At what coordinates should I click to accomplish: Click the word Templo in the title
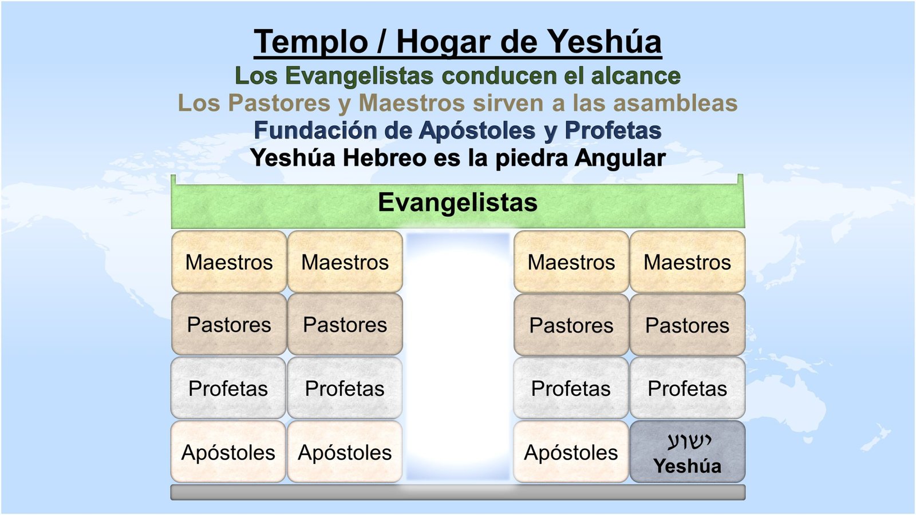(310, 42)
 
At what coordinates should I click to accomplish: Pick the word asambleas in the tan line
(675, 103)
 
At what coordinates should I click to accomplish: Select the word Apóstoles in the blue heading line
(477, 131)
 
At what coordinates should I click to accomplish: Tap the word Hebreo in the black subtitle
(384, 158)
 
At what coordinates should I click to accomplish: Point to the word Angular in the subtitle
(620, 159)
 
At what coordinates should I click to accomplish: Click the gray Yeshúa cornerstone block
(688, 451)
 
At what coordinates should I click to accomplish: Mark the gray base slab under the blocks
(457, 492)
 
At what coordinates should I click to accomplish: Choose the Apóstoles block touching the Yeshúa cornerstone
(571, 451)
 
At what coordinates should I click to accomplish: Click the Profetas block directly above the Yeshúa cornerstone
(688, 388)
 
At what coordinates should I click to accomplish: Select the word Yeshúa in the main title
(605, 42)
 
